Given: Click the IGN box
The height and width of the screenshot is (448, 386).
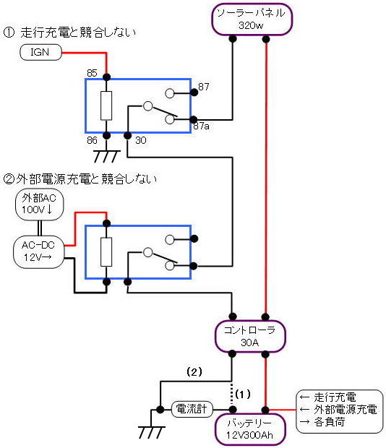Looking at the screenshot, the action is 40,52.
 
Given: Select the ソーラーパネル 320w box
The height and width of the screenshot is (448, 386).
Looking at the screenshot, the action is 252,20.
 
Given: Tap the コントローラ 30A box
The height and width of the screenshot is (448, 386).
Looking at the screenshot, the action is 250,336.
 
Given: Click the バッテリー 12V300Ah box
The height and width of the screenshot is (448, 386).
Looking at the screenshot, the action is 250,430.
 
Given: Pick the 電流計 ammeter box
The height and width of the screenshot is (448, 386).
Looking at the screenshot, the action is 192,409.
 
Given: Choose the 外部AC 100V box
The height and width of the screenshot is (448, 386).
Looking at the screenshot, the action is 39,204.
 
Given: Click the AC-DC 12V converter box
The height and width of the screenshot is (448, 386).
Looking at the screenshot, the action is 38,251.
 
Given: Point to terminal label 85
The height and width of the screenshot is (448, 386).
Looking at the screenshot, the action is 92,73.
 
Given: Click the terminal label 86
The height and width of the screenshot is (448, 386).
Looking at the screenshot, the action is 92,140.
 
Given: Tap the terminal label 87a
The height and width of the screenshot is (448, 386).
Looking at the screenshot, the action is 202,126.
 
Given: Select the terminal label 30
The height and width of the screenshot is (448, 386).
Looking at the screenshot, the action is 140,140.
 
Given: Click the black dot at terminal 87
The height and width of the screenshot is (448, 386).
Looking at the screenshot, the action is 194,92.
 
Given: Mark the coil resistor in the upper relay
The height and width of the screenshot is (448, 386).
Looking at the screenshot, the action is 106,105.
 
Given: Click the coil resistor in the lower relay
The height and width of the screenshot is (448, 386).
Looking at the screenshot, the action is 106,252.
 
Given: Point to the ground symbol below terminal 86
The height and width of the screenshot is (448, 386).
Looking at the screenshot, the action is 106,156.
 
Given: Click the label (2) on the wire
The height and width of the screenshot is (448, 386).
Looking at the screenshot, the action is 194,371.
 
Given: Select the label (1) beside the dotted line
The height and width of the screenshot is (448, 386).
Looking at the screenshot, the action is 243,395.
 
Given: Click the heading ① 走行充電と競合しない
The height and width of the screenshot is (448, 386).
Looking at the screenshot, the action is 69,33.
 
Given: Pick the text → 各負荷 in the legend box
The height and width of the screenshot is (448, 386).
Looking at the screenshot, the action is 322,422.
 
